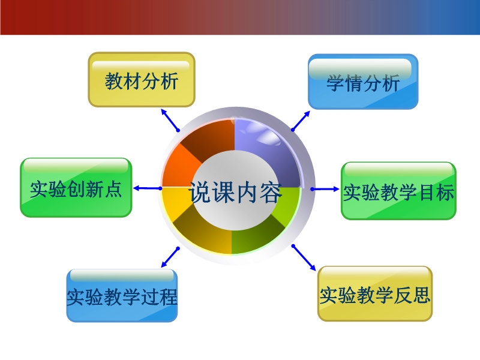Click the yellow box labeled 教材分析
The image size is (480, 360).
(x=142, y=80)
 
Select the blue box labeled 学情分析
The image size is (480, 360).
(x=363, y=82)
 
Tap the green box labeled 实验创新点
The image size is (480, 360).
(x=76, y=188)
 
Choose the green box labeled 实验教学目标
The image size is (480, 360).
(x=398, y=191)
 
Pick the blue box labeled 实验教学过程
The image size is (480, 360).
(x=122, y=295)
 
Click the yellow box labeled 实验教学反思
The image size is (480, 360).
(x=375, y=293)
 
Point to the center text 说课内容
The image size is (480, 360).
(x=235, y=192)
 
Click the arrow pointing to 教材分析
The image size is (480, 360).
(x=170, y=120)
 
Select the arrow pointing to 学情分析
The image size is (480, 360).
(x=301, y=121)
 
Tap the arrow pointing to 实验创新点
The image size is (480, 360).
(x=148, y=188)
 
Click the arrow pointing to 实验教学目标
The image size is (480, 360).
(x=325, y=189)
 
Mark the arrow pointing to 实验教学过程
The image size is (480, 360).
(x=170, y=257)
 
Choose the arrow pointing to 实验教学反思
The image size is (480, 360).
(x=304, y=258)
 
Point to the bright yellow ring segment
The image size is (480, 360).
(x=175, y=200)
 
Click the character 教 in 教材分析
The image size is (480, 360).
(x=113, y=81)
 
